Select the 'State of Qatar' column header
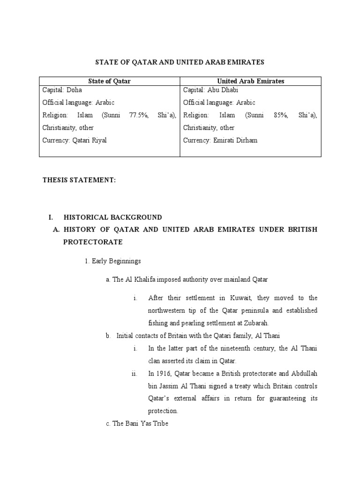pos(110,81)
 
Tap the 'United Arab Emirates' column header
pos(251,81)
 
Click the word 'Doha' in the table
pos(74,90)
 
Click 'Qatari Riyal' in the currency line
pos(90,140)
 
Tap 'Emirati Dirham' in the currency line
pos(236,140)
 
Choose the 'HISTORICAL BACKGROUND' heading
pos(112,217)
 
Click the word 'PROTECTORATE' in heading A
pos(93,242)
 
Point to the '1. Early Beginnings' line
pos(113,261)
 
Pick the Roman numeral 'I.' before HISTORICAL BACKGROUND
pos(52,217)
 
